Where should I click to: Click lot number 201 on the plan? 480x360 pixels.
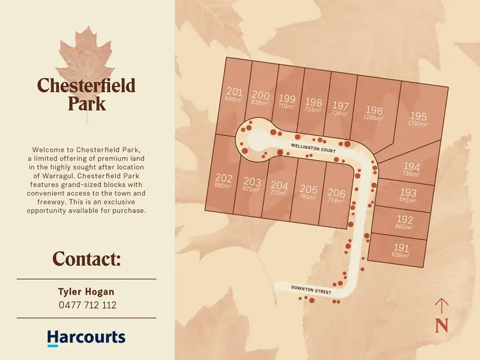pos(234,91)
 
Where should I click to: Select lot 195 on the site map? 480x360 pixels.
pos(418,116)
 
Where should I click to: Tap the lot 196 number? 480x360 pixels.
pos(374,110)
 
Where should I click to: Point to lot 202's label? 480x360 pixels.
pos(224,177)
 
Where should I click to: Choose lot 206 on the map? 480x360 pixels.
pos(336,192)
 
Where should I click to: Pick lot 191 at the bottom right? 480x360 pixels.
pos(401,247)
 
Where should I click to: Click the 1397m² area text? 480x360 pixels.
pos(417,124)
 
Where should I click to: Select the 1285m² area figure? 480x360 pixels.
pos(374,118)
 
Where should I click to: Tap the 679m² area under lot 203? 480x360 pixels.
pos(252,190)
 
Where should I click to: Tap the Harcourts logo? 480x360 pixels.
pos(86,338)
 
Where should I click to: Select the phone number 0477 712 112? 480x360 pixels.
pos(86,306)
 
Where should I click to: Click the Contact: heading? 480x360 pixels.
pos(86,259)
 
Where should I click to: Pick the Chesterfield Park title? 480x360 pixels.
pos(86,94)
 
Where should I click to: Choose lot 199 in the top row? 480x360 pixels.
pos(287,99)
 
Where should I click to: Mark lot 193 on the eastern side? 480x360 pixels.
pos(408,192)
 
